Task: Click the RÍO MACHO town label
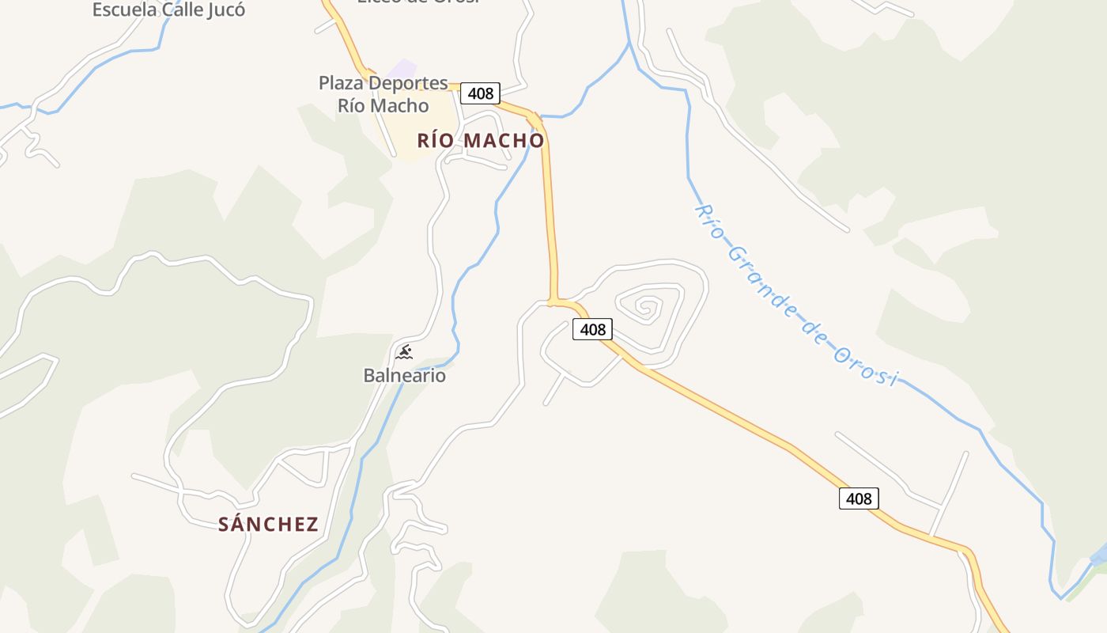481,140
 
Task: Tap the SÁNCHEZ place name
268,524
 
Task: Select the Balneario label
404,375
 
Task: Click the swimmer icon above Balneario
404,351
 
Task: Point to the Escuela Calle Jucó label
168,9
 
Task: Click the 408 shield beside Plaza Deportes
480,93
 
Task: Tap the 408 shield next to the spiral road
592,329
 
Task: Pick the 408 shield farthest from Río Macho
859,498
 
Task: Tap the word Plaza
341,82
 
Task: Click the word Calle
180,9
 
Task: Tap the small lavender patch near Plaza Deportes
403,69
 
